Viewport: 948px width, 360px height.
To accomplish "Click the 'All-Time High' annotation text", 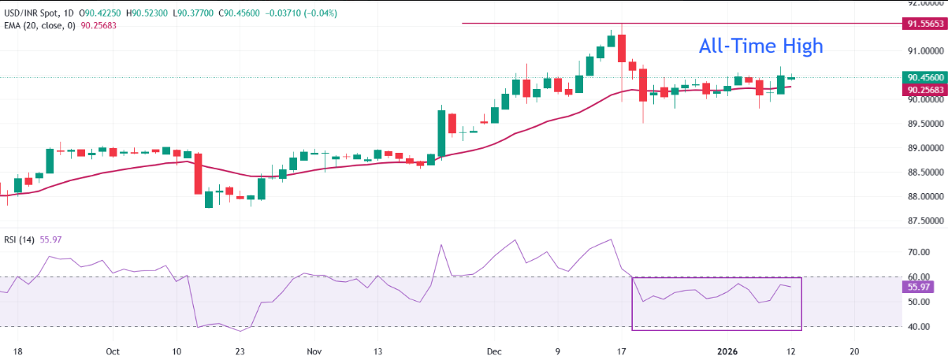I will [x=760, y=46].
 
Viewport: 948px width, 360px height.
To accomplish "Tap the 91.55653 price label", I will [x=923, y=25].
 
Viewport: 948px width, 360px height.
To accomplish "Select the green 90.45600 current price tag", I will [x=923, y=77].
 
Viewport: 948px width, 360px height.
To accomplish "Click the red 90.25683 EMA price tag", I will [x=923, y=90].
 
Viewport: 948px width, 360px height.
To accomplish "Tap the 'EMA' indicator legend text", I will [x=12, y=24].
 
